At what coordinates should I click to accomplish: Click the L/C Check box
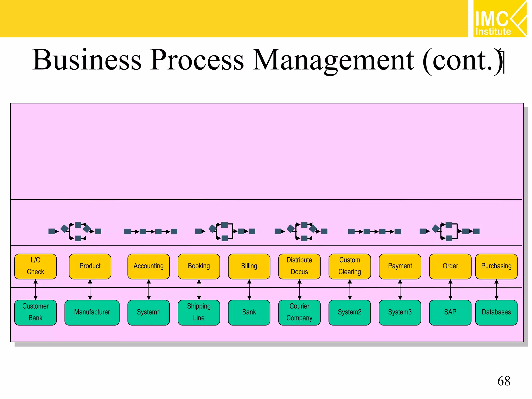tap(35, 266)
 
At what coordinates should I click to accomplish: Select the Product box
tap(90, 266)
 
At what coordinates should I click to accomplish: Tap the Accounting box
tap(148, 266)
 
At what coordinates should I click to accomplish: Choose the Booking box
tap(199, 266)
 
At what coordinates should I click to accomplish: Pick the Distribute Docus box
tap(299, 266)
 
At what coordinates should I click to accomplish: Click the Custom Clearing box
tap(350, 266)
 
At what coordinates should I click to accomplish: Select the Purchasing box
tap(496, 266)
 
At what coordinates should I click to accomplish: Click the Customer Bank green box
tap(35, 312)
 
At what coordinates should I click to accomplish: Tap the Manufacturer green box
tap(92, 312)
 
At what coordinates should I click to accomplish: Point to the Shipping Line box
tap(199, 312)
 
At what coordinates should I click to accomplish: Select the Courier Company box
tap(299, 312)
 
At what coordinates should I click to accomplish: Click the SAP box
tap(450, 312)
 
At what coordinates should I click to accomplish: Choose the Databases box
tap(496, 312)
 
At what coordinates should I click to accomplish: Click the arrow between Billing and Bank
tap(249, 290)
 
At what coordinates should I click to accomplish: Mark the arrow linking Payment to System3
tap(400, 290)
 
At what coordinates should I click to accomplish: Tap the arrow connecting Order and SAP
tap(450, 290)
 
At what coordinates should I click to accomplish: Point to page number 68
tap(503, 381)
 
